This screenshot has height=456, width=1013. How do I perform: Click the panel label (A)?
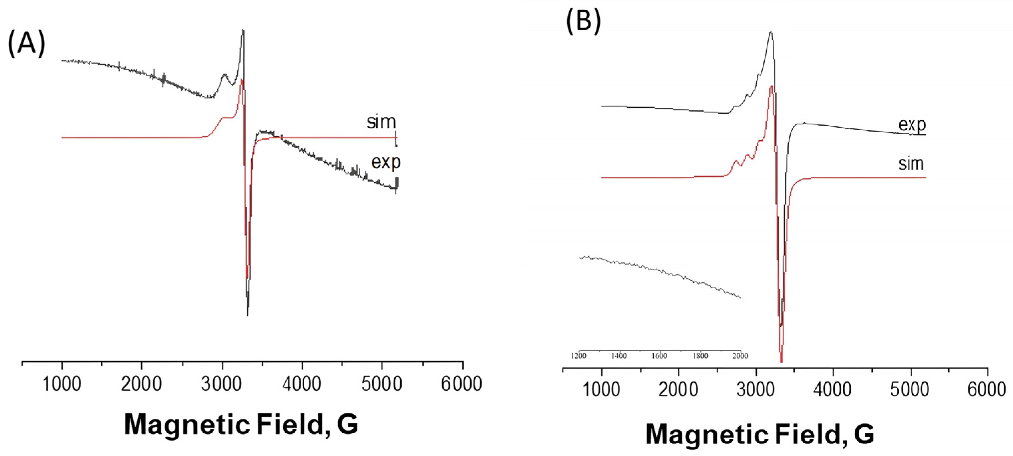[x=26, y=44]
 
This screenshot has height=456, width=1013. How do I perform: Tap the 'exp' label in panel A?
[x=386, y=162]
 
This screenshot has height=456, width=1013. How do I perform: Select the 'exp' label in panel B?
[x=912, y=125]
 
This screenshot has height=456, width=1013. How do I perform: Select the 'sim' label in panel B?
[x=911, y=163]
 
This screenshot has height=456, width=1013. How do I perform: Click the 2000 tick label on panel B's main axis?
[x=678, y=389]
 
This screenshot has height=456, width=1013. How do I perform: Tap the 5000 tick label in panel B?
[x=910, y=389]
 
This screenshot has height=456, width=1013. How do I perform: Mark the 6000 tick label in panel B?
[x=987, y=389]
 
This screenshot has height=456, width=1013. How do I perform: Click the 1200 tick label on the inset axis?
[x=578, y=356]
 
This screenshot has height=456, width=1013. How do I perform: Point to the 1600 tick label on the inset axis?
[x=660, y=356]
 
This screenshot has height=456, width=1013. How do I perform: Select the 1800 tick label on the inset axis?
[x=700, y=356]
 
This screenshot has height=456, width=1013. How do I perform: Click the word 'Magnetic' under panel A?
[x=187, y=424]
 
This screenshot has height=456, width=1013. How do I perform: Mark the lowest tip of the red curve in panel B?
[x=781, y=361]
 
